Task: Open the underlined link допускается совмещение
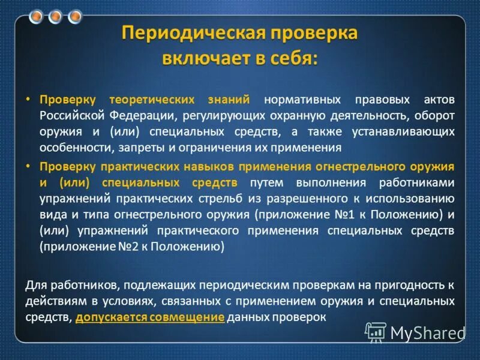pos(151,318)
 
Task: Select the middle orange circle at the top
pos(55,16)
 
